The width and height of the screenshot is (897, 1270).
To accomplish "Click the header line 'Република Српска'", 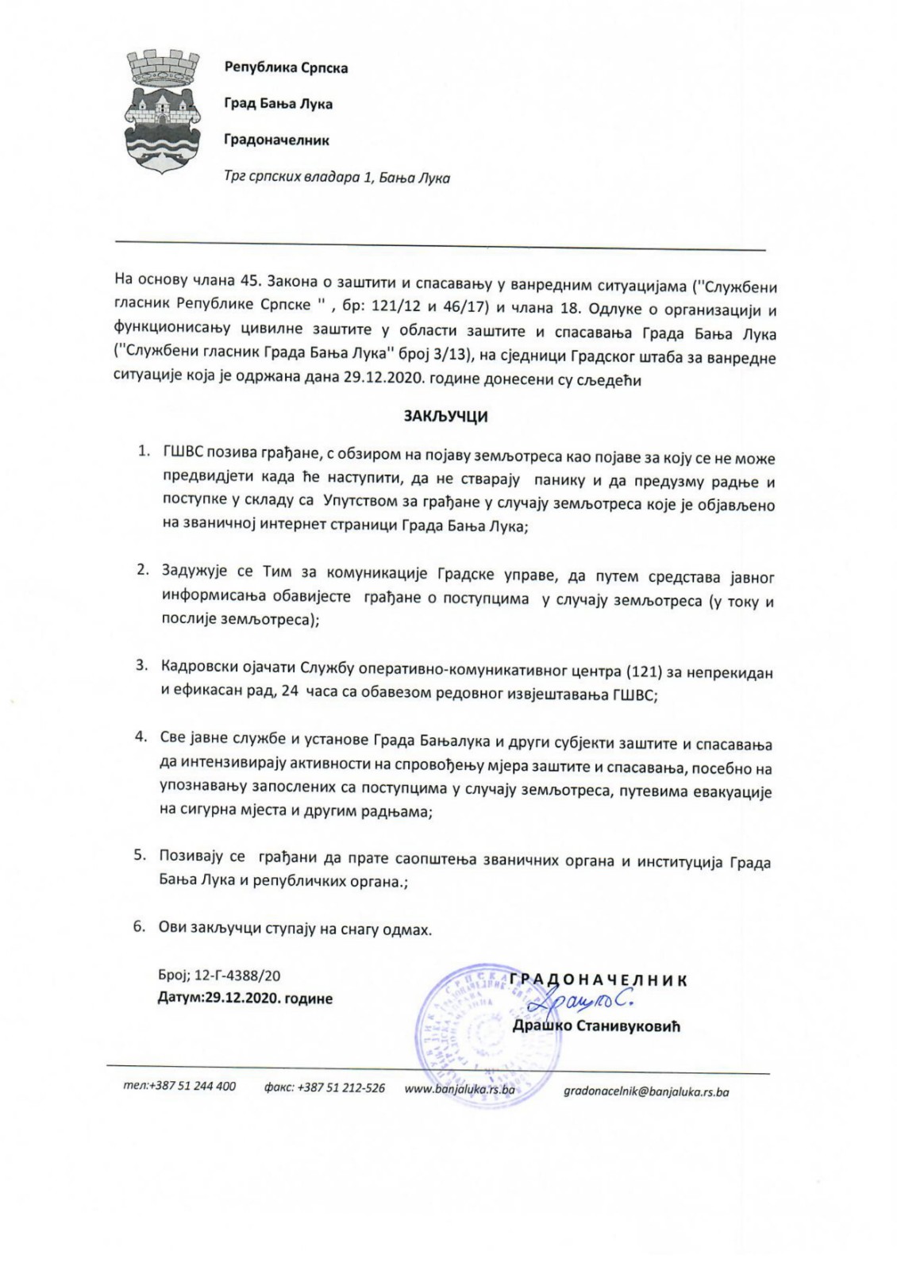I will click(286, 67).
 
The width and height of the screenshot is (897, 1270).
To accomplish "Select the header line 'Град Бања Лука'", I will click(278, 104).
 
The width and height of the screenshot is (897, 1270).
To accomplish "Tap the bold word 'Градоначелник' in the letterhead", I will click(276, 140).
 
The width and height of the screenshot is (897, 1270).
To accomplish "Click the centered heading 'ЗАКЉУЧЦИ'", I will click(446, 416).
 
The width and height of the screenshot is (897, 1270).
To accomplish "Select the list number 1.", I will click(144, 451).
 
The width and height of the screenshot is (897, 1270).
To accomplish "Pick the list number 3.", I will click(142, 665).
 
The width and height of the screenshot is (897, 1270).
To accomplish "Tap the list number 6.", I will click(140, 926).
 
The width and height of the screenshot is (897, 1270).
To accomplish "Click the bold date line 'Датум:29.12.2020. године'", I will click(244, 999).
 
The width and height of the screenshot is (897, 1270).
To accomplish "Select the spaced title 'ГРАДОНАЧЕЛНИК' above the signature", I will click(598, 980).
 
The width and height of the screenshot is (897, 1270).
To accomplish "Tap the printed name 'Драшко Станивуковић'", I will click(595, 1026).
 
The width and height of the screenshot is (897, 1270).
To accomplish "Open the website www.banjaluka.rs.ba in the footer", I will click(460, 1089).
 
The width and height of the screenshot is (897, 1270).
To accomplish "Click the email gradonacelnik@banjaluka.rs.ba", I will click(645, 1091).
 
